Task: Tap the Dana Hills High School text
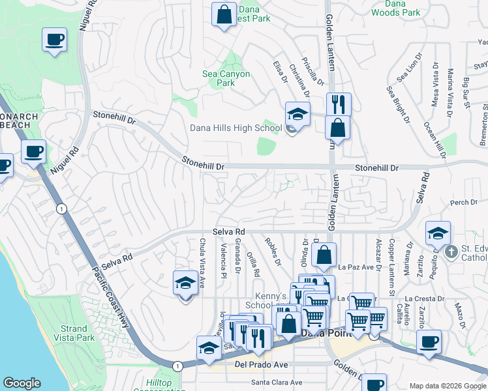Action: pos(236,128)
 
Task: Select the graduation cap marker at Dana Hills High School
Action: pos(297,115)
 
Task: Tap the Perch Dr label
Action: pos(464,203)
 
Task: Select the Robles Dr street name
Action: pos(273,252)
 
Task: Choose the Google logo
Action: pos(22,383)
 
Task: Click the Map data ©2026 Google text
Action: pos(447,386)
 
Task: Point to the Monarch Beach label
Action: pos(19,121)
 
